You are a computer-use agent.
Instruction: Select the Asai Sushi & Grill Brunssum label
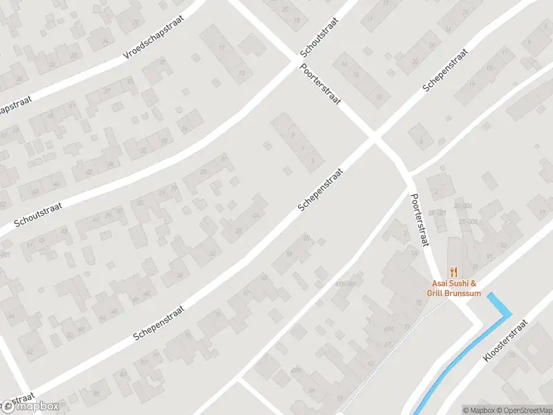tap(454, 288)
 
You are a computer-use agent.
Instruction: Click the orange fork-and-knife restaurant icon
tap(454, 271)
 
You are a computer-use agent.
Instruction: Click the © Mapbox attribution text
tap(477, 410)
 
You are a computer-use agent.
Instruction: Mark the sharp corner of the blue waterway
tap(509, 314)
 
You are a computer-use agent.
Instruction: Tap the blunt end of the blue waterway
tap(491, 296)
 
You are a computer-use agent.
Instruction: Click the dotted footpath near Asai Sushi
tap(415, 325)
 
